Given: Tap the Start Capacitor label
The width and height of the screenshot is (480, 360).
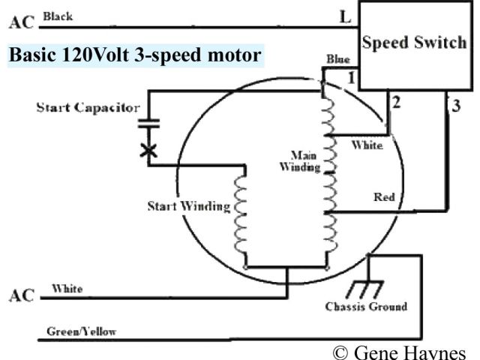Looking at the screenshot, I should (88, 108).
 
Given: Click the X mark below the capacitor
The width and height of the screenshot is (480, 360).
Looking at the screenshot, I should (149, 151).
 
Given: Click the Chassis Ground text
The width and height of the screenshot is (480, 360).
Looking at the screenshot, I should (366, 306).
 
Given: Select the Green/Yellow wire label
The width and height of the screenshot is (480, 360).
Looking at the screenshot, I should (81, 331).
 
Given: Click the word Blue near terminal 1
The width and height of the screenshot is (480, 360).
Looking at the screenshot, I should (338, 59).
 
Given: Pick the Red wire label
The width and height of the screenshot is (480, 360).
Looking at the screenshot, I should (384, 198).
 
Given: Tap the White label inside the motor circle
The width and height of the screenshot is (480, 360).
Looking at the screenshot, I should (367, 145).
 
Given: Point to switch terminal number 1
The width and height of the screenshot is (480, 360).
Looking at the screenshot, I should (349, 78).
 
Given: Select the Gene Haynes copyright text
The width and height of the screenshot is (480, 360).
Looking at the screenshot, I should (398, 352).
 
